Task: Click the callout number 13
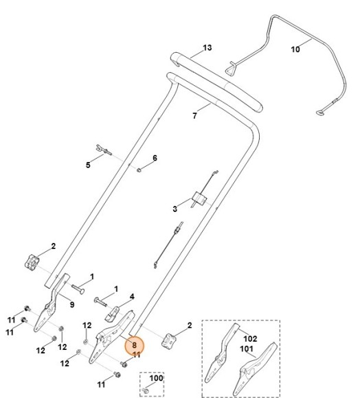pyautogui.click(x=207, y=48)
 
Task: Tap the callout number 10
pyautogui.click(x=295, y=49)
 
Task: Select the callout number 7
pyautogui.click(x=194, y=116)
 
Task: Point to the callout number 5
pyautogui.click(x=88, y=165)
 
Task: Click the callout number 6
pyautogui.click(x=155, y=158)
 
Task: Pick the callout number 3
pyautogui.click(x=175, y=209)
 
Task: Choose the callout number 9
pyautogui.click(x=72, y=305)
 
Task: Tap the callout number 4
pyautogui.click(x=132, y=296)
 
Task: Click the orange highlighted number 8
pyautogui.click(x=135, y=345)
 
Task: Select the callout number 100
pyautogui.click(x=156, y=378)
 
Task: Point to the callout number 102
pyautogui.click(x=250, y=338)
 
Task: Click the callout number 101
pyautogui.click(x=247, y=349)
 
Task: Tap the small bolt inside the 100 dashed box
pyautogui.click(x=146, y=390)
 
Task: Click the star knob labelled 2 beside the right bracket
pyautogui.click(x=169, y=340)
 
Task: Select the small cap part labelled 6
pyautogui.click(x=139, y=169)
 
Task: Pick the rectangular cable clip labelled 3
pyautogui.click(x=199, y=199)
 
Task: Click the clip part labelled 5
pyautogui.click(x=104, y=150)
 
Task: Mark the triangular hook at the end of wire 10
pyautogui.click(x=232, y=68)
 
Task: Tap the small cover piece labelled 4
pyautogui.click(x=112, y=314)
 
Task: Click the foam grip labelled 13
pyautogui.click(x=216, y=82)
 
